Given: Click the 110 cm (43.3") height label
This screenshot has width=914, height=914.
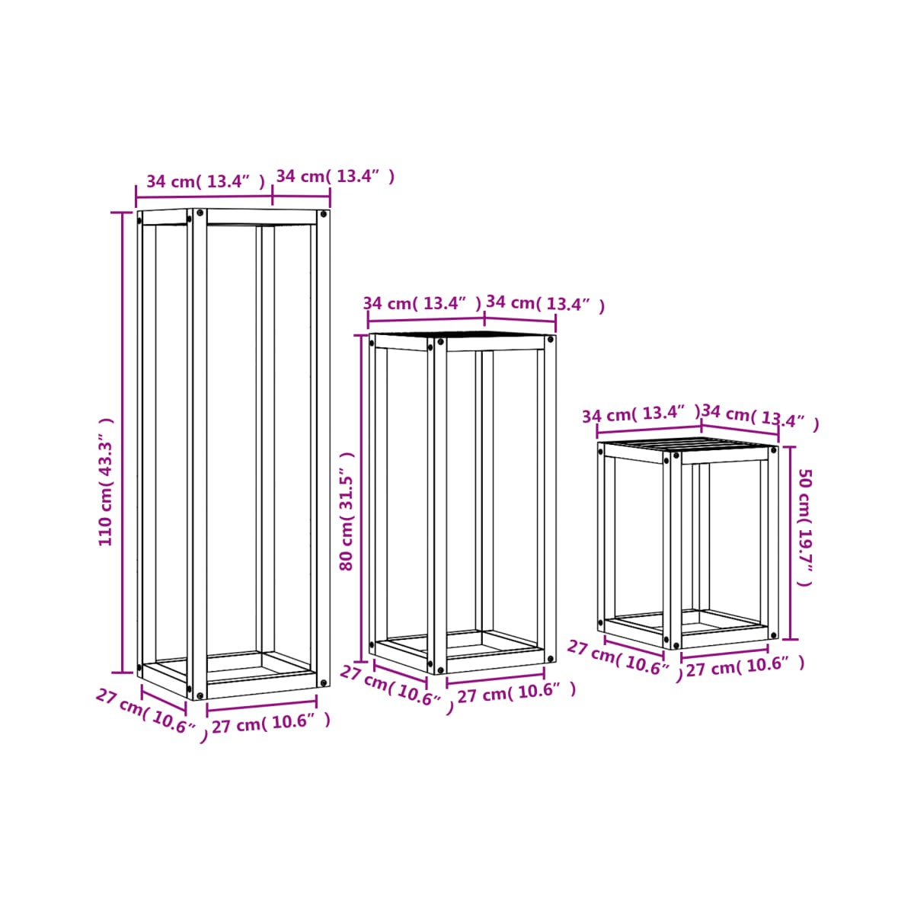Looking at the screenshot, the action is coord(106,482).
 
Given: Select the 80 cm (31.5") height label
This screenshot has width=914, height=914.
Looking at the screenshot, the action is coord(347,511).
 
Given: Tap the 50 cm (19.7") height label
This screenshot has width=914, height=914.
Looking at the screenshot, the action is coord(806,527).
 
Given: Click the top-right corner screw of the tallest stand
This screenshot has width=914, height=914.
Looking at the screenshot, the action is coord(324,214).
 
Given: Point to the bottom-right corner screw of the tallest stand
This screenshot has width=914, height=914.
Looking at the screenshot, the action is coord(324,683).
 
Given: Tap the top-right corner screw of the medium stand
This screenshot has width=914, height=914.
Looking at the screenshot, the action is coord(550,340).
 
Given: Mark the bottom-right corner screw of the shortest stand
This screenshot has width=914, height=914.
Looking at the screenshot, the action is coord(773,635).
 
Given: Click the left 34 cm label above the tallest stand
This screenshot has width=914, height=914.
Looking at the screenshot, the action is coord(206,181).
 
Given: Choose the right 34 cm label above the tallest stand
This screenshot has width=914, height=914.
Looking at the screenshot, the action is coord(335,176).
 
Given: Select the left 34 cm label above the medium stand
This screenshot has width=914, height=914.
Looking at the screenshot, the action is coord(422,303).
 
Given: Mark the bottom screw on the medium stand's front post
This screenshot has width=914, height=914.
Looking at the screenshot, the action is coord(439,670).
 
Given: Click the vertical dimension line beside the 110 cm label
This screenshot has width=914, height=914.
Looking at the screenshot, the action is coord(122,443).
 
